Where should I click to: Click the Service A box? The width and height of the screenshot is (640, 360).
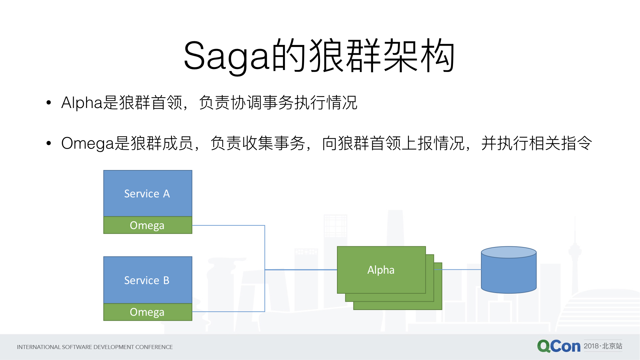tap(148, 193)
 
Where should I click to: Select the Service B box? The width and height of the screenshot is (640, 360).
tap(148, 280)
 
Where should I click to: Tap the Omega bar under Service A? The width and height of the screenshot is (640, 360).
tap(148, 225)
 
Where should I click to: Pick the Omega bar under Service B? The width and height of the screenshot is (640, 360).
tap(148, 312)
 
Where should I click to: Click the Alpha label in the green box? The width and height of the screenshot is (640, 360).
tap(381, 270)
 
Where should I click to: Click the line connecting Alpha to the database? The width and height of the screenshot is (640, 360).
tap(462, 269)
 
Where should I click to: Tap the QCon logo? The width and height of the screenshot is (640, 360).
tap(559, 346)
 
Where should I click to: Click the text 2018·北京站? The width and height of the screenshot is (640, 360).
tap(603, 346)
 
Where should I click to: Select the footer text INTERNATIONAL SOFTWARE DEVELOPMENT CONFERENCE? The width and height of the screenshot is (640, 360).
tap(95, 347)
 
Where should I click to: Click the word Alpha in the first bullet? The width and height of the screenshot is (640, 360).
tap(82, 102)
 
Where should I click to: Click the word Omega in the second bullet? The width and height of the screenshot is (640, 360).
tap(88, 143)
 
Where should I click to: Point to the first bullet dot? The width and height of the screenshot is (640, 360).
tap(49, 102)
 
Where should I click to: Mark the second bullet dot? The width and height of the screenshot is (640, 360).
tap(49, 143)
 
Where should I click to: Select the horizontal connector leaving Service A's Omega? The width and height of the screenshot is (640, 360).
tap(228, 225)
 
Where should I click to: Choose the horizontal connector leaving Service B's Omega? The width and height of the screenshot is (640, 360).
tap(228, 312)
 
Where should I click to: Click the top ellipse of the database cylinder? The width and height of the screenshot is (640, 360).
tap(509, 252)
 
